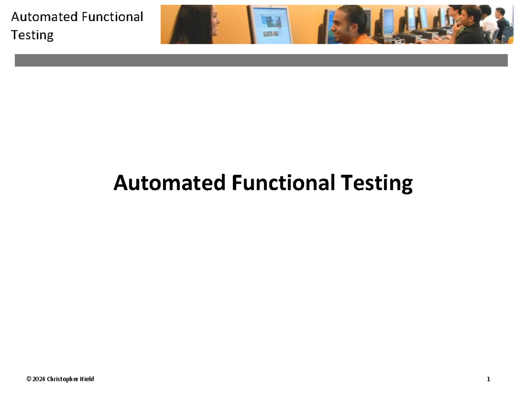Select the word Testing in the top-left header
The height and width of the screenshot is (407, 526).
pyautogui.click(x=32, y=35)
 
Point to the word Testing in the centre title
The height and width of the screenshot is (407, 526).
pyautogui.click(x=376, y=183)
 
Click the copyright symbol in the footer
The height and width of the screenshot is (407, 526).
pyautogui.click(x=28, y=379)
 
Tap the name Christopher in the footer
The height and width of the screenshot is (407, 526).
pyautogui.click(x=63, y=379)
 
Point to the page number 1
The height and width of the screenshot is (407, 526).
pyautogui.click(x=488, y=379)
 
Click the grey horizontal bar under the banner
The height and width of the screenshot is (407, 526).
pyautogui.click(x=261, y=60)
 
